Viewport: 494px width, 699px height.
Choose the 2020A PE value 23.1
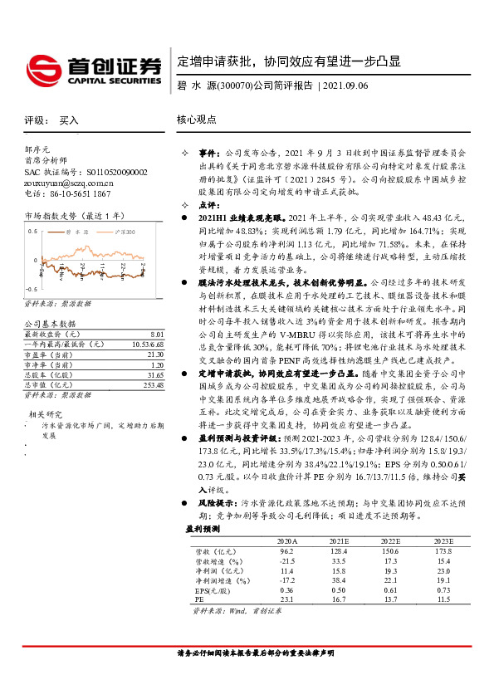[x=287, y=598]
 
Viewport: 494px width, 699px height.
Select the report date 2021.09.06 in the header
[x=345, y=85]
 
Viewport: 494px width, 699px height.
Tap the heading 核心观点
[x=197, y=120]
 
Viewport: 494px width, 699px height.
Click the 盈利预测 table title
[x=203, y=528]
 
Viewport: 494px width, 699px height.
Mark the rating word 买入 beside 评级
[x=69, y=120]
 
